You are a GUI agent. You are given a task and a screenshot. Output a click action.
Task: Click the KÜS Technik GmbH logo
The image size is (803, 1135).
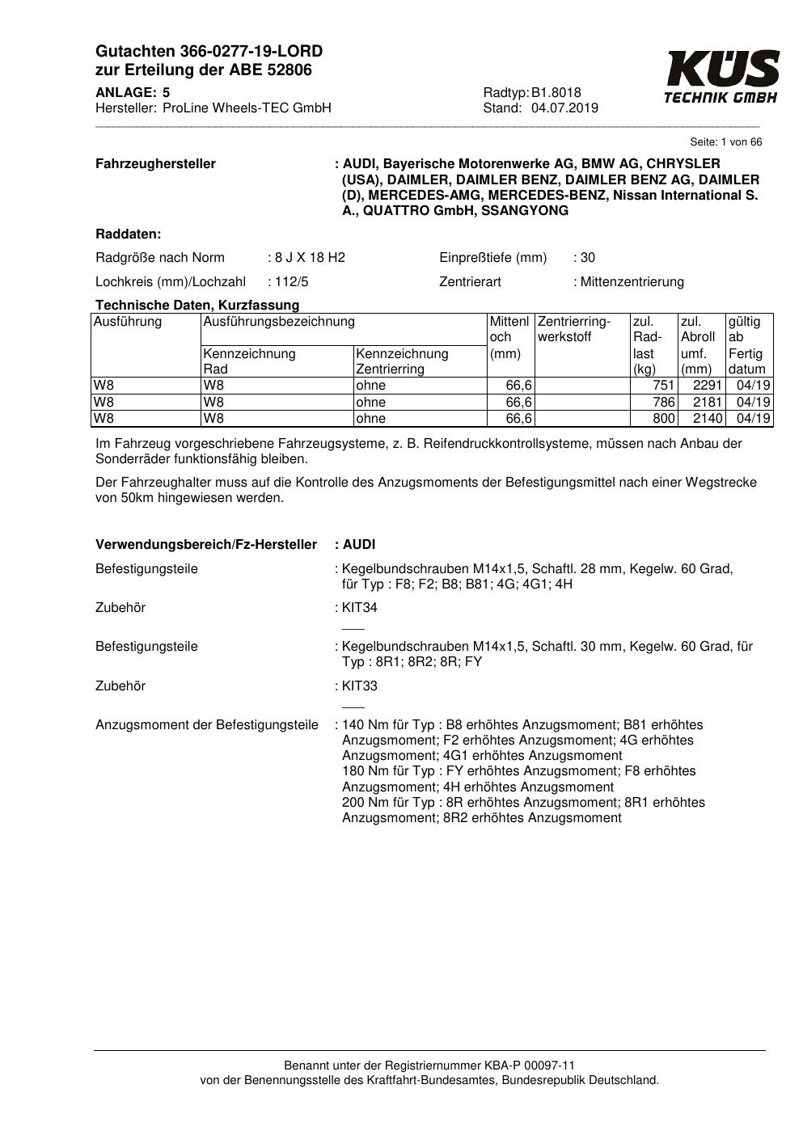click(721, 77)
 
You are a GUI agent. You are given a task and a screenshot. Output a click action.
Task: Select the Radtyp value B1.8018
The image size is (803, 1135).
click(556, 93)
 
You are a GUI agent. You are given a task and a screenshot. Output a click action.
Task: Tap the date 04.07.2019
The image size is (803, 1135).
click(564, 108)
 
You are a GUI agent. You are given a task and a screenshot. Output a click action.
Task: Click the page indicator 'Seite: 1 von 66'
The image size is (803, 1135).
click(725, 142)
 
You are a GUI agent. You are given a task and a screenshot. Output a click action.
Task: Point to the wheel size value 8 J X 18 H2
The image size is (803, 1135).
click(310, 258)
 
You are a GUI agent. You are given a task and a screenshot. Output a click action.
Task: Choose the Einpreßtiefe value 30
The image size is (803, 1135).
click(587, 258)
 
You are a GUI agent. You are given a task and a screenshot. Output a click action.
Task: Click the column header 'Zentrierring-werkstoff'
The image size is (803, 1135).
click(574, 329)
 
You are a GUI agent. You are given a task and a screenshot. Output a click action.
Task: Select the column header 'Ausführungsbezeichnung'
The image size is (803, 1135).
click(279, 322)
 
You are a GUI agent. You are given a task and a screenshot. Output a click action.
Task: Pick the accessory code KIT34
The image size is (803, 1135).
click(360, 608)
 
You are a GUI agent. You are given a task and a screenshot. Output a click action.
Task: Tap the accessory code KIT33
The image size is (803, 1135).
click(360, 686)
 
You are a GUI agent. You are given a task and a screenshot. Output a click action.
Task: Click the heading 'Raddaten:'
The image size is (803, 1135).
click(129, 234)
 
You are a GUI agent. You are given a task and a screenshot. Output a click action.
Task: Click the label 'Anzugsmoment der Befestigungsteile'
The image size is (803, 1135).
click(207, 725)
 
